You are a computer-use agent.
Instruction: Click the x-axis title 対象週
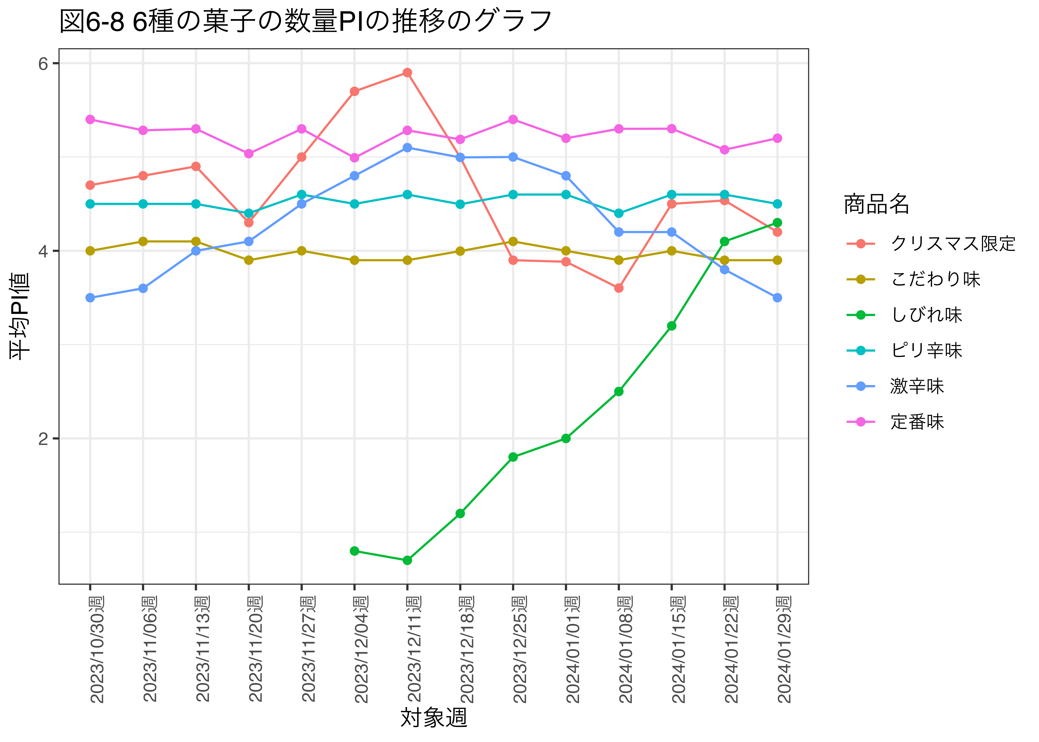[x=434, y=718]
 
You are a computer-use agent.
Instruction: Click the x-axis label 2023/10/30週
[x=97, y=649]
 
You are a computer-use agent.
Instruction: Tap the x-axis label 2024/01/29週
[x=784, y=649]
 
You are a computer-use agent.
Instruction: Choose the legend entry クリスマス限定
[x=953, y=243]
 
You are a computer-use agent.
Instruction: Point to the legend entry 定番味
[x=917, y=422]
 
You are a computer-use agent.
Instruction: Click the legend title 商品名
[x=876, y=204]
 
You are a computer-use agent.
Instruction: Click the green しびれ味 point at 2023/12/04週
[x=354, y=551]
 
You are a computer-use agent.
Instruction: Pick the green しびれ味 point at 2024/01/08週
[x=619, y=392]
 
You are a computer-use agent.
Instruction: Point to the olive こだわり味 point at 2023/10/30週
[x=90, y=251]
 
